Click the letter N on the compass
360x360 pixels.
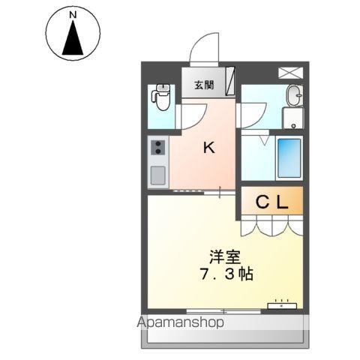pos(73,15)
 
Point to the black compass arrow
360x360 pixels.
pos(73,39)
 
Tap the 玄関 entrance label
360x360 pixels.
pos(203,85)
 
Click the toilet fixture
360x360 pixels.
pos(160,97)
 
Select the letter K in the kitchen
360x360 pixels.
pos(209,148)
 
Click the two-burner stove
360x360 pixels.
pos(158,148)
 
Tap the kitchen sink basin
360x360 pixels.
pos(158,175)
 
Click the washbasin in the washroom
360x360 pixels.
pos(294,95)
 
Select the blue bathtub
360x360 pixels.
pos(289,157)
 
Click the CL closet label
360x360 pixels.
pos(272,201)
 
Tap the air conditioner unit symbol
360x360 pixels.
pos(282,304)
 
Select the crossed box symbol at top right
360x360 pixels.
pos(289,73)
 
